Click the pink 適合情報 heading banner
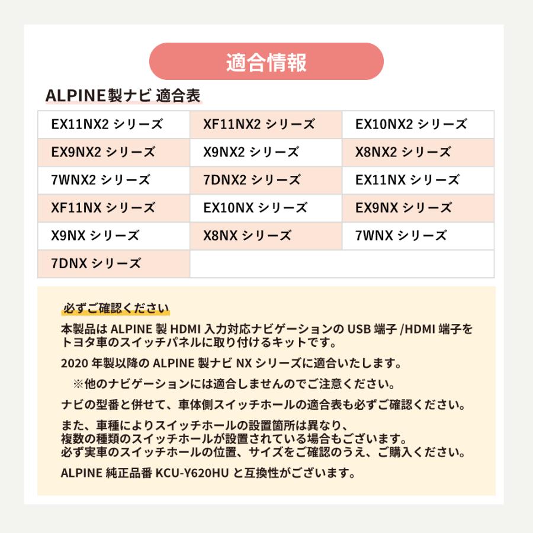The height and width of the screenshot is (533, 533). click(266, 62)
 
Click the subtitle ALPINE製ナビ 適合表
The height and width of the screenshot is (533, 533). click(123, 95)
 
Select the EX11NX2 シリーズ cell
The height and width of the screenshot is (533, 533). click(107, 124)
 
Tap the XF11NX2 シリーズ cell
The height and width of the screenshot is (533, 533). click(259, 124)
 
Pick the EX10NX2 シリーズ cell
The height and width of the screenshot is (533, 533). click(411, 124)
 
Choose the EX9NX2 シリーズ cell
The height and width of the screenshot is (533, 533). click(103, 152)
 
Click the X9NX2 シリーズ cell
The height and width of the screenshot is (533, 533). click(251, 152)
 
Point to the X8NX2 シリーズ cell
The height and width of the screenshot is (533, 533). click(403, 152)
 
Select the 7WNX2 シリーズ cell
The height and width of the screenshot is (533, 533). click(101, 180)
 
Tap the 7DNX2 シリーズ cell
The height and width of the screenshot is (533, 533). click(252, 180)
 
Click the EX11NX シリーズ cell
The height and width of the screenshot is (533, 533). click(407, 180)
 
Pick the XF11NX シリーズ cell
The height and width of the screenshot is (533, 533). click(103, 208)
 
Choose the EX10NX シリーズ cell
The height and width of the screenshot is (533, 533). click(255, 208)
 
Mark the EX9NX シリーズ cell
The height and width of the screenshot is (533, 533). click(403, 208)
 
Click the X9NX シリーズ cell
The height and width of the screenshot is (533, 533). click(95, 236)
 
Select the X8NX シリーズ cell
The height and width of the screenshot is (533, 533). click(247, 236)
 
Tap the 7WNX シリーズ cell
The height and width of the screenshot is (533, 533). click(401, 236)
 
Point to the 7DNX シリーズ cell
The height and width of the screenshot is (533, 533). click(96, 264)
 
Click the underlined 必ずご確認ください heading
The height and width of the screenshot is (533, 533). click(115, 307)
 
